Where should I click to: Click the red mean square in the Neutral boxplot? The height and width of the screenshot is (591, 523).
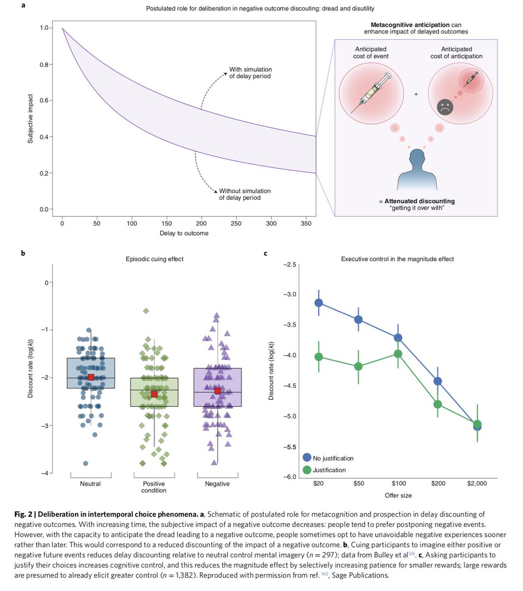[91, 377]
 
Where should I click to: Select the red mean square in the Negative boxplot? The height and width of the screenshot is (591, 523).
[217, 391]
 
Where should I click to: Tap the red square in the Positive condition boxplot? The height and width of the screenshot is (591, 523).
[154, 394]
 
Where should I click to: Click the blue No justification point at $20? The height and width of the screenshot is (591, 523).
[319, 302]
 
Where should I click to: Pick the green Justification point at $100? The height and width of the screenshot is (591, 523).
[398, 354]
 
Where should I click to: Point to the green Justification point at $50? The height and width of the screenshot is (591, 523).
[359, 366]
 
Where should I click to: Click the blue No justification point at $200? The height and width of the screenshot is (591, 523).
[437, 381]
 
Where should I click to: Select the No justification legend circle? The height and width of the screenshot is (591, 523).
[307, 458]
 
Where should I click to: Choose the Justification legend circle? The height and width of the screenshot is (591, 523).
[307, 470]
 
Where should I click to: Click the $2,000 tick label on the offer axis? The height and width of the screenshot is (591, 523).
[477, 484]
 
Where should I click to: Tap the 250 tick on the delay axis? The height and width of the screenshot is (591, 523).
[236, 223]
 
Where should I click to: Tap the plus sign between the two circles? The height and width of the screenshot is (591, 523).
[416, 93]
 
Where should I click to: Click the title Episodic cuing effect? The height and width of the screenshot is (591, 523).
[154, 259]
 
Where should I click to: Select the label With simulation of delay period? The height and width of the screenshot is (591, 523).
[250, 73]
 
